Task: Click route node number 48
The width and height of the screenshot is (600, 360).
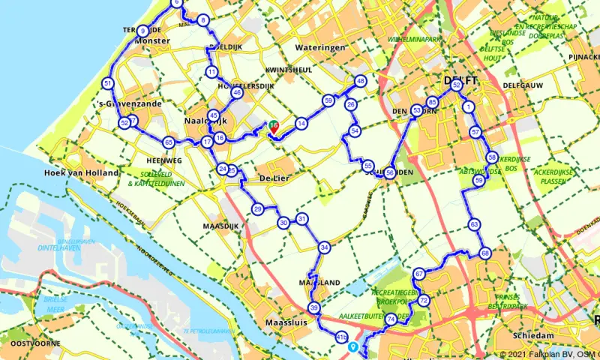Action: tap(361, 81)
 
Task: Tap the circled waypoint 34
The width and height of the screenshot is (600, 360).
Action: tap(324, 247)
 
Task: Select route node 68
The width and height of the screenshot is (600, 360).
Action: tap(485, 253)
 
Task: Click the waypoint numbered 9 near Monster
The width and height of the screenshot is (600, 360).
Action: tap(142, 31)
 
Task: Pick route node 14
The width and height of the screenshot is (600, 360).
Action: tap(301, 123)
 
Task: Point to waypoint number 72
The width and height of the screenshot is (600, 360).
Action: tap(424, 301)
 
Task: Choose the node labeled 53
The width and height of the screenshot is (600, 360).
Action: tap(416, 110)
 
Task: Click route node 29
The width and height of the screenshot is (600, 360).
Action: tap(257, 208)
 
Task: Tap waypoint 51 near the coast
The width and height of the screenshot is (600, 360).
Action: tap(109, 83)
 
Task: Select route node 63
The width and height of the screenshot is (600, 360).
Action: tap(474, 224)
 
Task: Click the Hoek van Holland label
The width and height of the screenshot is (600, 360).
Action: tap(81, 172)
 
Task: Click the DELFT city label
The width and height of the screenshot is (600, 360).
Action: tap(456, 79)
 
